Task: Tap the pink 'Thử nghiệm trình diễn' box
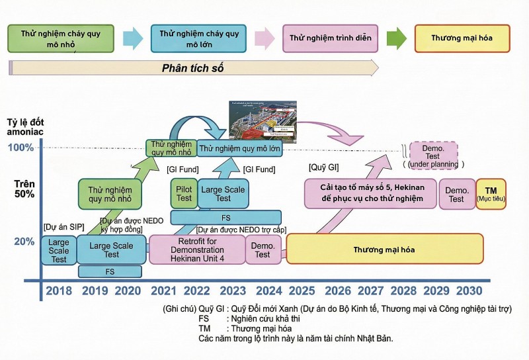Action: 330,38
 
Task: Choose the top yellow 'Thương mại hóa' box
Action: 462,38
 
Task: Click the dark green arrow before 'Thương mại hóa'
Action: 396,38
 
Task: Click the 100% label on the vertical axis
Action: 21,147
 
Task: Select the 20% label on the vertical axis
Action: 24,242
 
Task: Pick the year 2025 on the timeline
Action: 302,290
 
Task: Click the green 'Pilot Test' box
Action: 184,193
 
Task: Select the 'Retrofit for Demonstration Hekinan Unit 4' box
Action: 198,249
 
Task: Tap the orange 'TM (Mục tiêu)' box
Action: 491,193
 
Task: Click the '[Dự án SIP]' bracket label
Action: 61,227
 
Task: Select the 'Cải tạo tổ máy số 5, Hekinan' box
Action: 370,193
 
